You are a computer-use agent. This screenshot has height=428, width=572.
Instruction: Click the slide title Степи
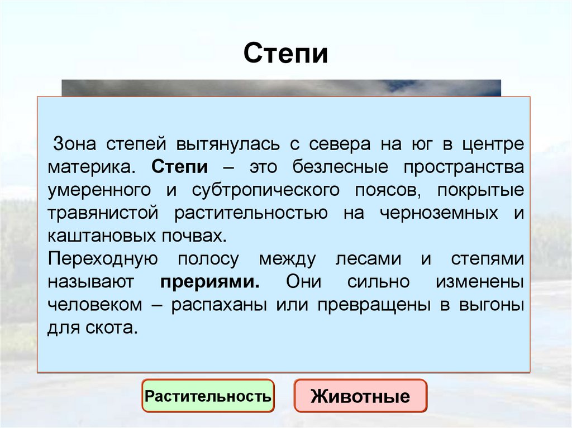click(285, 54)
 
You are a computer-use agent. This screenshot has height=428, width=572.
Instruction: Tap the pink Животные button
click(360, 397)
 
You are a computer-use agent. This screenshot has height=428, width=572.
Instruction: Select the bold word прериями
click(210, 282)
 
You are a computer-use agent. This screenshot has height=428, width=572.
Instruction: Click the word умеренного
click(99, 190)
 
